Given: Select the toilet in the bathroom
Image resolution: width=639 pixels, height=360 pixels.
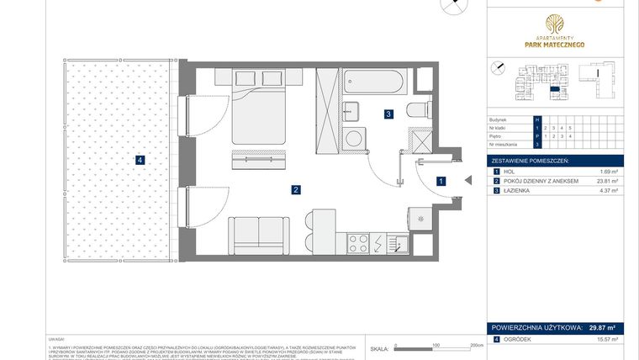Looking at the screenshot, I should click(419, 109).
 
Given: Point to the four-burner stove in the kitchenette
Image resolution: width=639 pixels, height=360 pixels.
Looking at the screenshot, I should click(358, 243).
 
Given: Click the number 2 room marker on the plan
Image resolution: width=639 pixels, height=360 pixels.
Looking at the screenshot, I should click(296, 190).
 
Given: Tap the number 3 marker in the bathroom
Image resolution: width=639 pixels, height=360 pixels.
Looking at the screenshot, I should click(388, 114).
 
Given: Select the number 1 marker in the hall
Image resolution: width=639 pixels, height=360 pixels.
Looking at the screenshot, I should click(441, 180).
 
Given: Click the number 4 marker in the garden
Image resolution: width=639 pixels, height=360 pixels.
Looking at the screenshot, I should click(140, 160).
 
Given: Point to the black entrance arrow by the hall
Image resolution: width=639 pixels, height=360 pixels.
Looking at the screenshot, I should click(467, 179).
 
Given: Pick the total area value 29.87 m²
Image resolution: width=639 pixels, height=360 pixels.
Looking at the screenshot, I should click(600, 328).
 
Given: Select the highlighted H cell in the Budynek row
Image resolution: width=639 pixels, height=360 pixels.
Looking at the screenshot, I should click(547, 120).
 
